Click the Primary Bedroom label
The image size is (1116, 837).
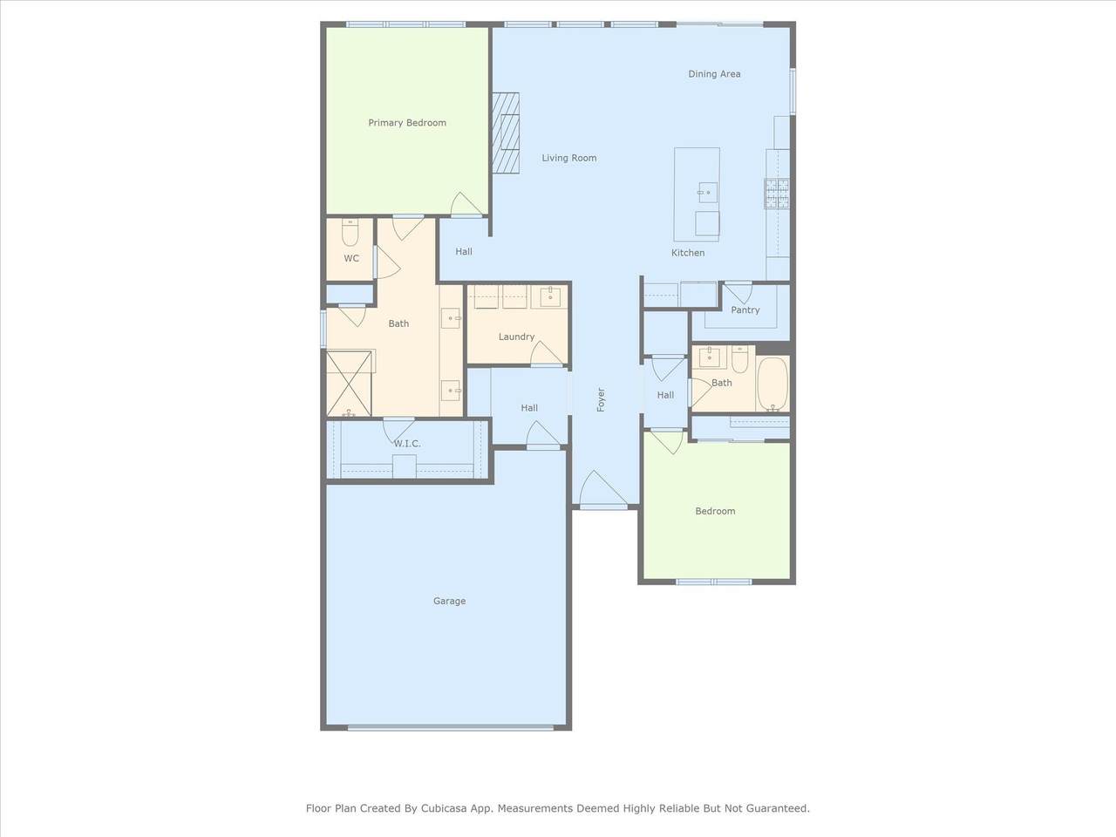pyautogui.click(x=407, y=123)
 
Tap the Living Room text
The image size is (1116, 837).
pyautogui.click(x=569, y=158)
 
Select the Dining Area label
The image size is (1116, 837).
pyautogui.click(x=714, y=74)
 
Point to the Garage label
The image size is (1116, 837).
pyautogui.click(x=449, y=602)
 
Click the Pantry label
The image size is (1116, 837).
pyautogui.click(x=745, y=310)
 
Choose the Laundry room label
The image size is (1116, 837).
pyautogui.click(x=516, y=337)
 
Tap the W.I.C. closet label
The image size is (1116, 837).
pyautogui.click(x=407, y=444)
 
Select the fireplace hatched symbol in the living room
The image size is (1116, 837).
pyautogui.click(x=506, y=133)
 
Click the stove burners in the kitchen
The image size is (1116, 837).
pyautogui.click(x=777, y=193)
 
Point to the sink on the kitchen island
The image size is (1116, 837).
pyautogui.click(x=708, y=193)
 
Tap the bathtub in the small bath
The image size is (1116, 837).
pyautogui.click(x=772, y=383)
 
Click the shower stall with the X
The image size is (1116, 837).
pyautogui.click(x=349, y=383)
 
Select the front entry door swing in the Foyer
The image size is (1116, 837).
pyautogui.click(x=603, y=489)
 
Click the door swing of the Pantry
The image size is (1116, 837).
pyautogui.click(x=738, y=293)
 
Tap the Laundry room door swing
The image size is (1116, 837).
pyautogui.click(x=547, y=353)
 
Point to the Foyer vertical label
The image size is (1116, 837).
pyautogui.click(x=601, y=400)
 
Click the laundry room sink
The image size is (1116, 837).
pyautogui.click(x=550, y=296)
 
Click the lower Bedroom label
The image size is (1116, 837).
pyautogui.click(x=715, y=511)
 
